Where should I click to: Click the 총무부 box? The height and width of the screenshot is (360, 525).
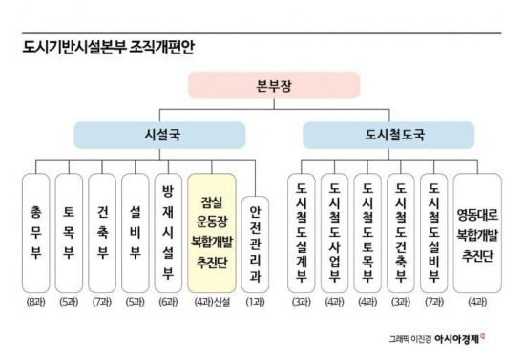[36, 232]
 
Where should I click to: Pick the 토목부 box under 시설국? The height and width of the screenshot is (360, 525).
[70, 232]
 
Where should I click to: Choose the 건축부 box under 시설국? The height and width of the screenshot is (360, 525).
[102, 232]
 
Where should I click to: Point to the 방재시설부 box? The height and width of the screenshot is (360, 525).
[168, 232]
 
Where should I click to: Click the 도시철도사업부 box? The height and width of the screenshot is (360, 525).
[334, 232]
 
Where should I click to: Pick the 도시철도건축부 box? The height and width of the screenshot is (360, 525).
[400, 232]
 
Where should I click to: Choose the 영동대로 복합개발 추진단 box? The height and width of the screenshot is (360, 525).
[482, 232]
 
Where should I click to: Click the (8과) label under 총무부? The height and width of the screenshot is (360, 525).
[36, 304]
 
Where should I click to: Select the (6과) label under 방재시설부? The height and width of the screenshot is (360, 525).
[168, 304]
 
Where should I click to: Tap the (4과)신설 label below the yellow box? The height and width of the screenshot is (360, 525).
[213, 304]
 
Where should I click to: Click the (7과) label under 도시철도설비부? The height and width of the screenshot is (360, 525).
[432, 304]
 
